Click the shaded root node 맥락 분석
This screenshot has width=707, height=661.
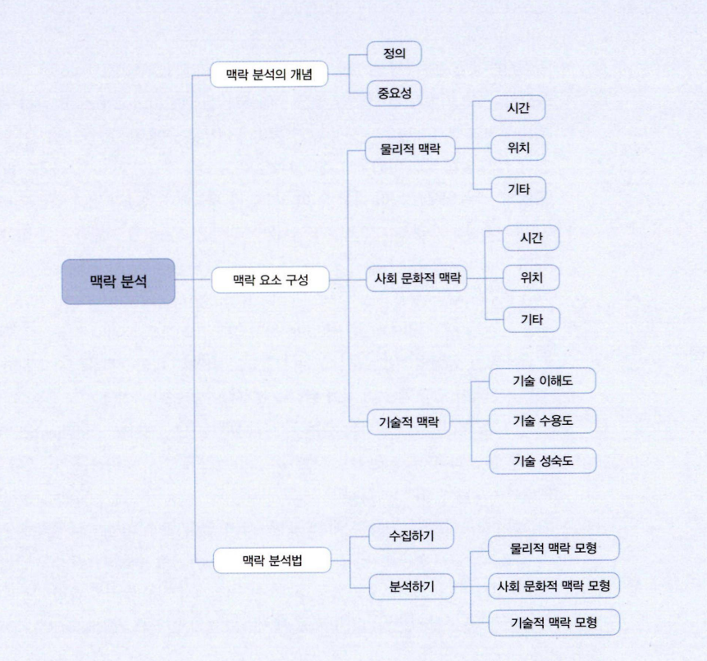click(x=118, y=281)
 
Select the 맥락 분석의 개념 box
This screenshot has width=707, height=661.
click(x=269, y=75)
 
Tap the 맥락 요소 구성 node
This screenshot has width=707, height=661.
click(x=271, y=280)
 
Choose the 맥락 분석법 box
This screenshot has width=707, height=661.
click(x=271, y=560)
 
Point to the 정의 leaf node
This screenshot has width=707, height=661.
click(x=394, y=53)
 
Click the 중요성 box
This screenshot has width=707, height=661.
click(x=394, y=93)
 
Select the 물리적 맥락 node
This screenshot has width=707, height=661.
click(x=410, y=149)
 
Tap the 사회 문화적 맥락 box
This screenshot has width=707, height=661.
click(x=417, y=278)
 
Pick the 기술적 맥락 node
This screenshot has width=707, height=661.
click(x=408, y=422)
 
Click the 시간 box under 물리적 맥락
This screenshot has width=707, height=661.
click(x=518, y=108)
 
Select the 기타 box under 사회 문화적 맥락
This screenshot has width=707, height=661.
click(x=531, y=320)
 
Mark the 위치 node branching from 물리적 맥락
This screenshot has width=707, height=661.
click(x=518, y=148)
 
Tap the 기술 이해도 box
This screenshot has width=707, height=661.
click(x=542, y=381)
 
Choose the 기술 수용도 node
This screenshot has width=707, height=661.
click(x=542, y=421)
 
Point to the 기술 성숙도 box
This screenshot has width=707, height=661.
click(x=543, y=461)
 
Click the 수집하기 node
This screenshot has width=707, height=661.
click(x=411, y=536)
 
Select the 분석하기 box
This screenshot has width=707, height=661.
click(x=411, y=586)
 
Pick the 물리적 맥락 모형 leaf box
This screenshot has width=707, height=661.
click(x=554, y=549)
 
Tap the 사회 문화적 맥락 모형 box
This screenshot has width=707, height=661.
click(x=554, y=586)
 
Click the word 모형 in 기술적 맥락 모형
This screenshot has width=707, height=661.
click(x=586, y=622)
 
